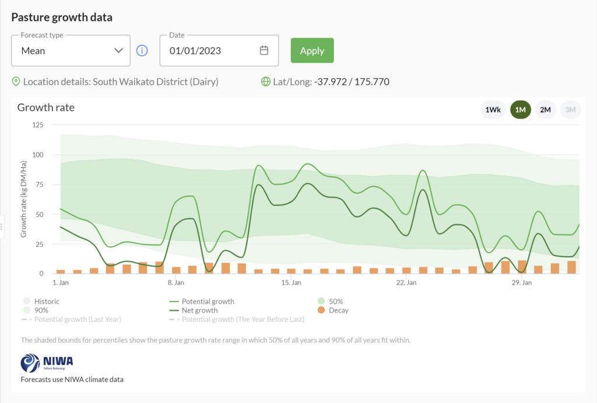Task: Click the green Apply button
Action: pyautogui.click(x=312, y=51)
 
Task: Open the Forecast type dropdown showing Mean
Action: pyautogui.click(x=71, y=51)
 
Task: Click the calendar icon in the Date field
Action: pyautogui.click(x=264, y=51)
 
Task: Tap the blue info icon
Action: pyautogui.click(x=142, y=51)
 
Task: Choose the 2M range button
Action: pyautogui.click(x=546, y=110)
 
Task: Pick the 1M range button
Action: pyautogui.click(x=521, y=110)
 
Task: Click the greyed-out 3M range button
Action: pyautogui.click(x=570, y=110)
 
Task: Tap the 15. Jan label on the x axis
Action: pyautogui.click(x=291, y=283)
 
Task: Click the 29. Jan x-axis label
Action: pyautogui.click(x=521, y=283)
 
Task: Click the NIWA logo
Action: pyautogui.click(x=47, y=362)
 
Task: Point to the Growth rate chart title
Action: pyautogui.click(x=46, y=107)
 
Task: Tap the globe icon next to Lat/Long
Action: pyautogui.click(x=266, y=82)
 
